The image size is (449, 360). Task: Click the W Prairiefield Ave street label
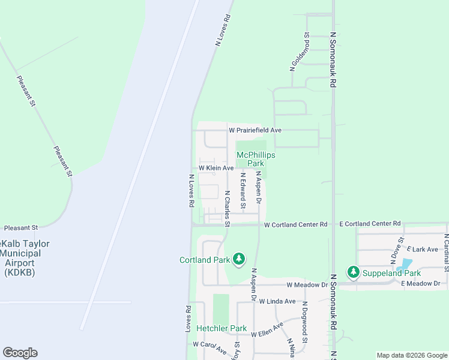coord(255,130)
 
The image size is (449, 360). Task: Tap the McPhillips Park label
coord(256,159)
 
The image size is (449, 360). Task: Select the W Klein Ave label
coord(216,169)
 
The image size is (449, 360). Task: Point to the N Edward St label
coord(243,191)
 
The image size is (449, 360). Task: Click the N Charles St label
coord(227,209)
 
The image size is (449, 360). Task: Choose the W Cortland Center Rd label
coord(295,225)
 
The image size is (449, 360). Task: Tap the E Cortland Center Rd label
coord(370,223)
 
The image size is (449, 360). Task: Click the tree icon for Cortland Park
coord(240,259)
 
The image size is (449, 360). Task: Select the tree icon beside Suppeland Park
coord(354,272)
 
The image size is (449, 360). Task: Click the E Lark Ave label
coord(423,249)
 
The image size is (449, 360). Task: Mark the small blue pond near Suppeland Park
coord(406,264)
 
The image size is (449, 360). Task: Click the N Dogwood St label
coord(305,322)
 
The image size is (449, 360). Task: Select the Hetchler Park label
coord(221,329)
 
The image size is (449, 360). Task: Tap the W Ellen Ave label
coord(267,330)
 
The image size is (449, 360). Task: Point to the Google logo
coord(20,353)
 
